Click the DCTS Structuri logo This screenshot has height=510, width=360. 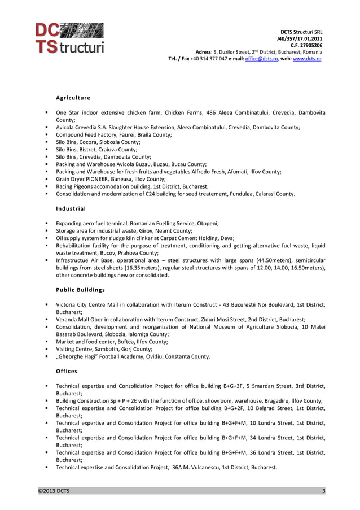(x=69, y=38)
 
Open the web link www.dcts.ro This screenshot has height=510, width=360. (x=307, y=58)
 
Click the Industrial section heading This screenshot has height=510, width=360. (x=71, y=209)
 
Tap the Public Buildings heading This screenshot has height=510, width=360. (x=80, y=290)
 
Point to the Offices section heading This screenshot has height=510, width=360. (x=67, y=371)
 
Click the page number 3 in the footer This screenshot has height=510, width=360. (x=323, y=491)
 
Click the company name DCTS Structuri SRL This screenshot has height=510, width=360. (x=301, y=32)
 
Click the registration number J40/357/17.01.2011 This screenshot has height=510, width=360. (x=300, y=38)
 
